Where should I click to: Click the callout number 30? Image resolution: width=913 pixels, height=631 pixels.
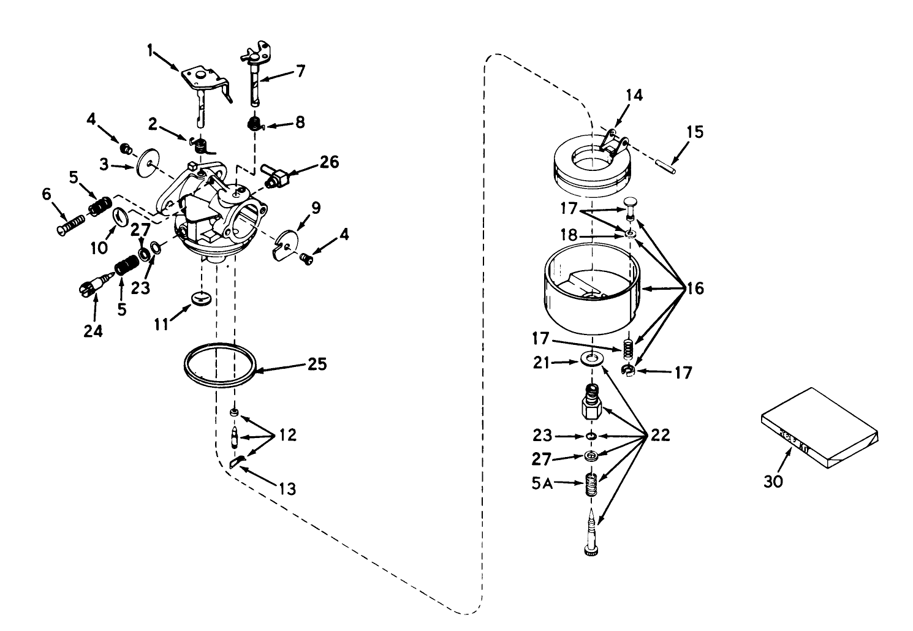773,482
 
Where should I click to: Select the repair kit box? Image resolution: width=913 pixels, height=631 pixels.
819,429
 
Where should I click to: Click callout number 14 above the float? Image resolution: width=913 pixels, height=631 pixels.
634,95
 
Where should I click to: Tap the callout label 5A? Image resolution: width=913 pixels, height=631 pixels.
542,483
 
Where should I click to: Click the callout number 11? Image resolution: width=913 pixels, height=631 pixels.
161,323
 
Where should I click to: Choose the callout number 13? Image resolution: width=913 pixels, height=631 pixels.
287,488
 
